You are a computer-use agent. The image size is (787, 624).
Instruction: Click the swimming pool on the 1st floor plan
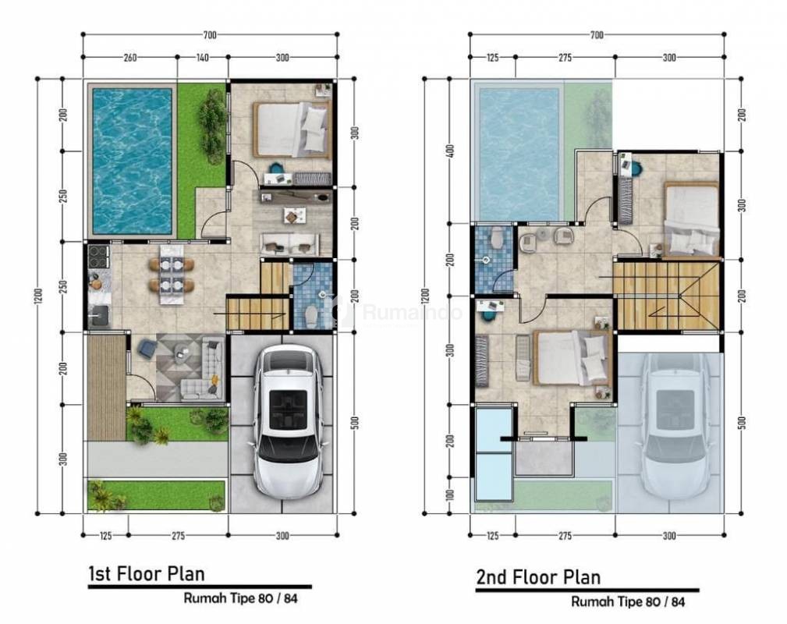[x=132, y=161]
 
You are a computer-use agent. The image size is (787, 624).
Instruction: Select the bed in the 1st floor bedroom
[x=292, y=129]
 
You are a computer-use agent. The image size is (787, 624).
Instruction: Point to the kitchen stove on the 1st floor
[x=97, y=257]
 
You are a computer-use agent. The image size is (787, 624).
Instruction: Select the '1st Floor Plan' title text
[x=147, y=574]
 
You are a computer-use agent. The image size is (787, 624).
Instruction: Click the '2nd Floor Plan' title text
[x=538, y=577]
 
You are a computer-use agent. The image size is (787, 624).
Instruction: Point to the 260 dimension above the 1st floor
[x=129, y=58]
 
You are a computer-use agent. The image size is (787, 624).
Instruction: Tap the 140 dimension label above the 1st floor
[x=202, y=58]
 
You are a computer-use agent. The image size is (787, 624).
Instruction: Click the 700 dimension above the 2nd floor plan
[x=597, y=35]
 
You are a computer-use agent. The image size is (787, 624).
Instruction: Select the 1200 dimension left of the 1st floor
[x=40, y=296]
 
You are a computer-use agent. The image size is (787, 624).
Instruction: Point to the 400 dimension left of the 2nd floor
[x=450, y=151]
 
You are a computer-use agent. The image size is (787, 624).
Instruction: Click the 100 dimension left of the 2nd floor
[x=450, y=495]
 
